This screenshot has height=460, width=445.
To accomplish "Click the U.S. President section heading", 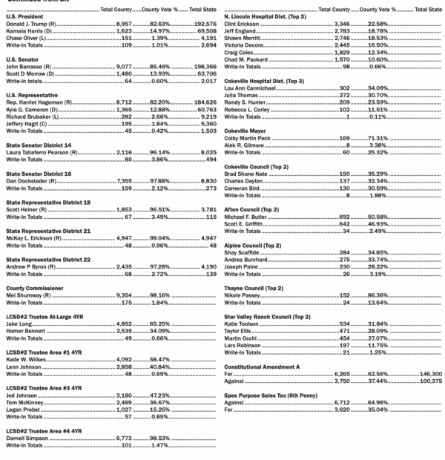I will click(x=25, y=17).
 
